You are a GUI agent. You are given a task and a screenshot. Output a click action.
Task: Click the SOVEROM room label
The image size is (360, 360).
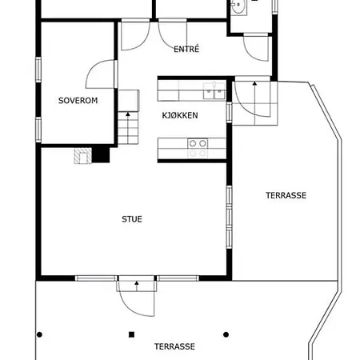click(78, 101)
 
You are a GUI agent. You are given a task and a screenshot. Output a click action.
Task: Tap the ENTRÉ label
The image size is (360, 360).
click(186, 49)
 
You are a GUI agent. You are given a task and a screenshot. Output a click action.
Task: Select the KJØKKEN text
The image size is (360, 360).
click(180, 115)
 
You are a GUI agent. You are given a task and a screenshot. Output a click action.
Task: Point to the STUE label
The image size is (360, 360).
click(132, 219)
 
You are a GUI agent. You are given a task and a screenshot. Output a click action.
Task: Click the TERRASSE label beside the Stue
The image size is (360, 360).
click(286, 195)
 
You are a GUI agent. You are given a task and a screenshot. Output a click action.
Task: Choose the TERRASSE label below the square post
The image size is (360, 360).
click(174, 346)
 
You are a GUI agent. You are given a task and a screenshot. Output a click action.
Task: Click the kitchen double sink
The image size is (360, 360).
click(214, 91)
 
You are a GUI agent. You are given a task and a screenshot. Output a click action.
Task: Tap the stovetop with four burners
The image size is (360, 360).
click(198, 148)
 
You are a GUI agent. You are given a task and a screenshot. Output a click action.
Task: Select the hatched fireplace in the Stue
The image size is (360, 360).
click(82, 156)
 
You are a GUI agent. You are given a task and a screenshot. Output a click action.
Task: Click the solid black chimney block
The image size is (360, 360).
click(101, 155)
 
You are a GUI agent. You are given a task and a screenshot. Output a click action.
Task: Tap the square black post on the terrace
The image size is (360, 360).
click(131, 334)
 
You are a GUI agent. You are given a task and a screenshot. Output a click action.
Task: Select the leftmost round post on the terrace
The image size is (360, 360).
click(39, 334)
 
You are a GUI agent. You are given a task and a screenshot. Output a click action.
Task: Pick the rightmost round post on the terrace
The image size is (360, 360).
click(226, 334)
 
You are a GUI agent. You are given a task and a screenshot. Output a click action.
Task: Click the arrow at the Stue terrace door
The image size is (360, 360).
click(137, 286)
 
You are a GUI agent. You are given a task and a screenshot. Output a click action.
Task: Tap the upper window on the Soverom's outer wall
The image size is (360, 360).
click(38, 70)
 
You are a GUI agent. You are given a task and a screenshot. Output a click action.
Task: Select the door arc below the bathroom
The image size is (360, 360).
click(252, 54)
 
